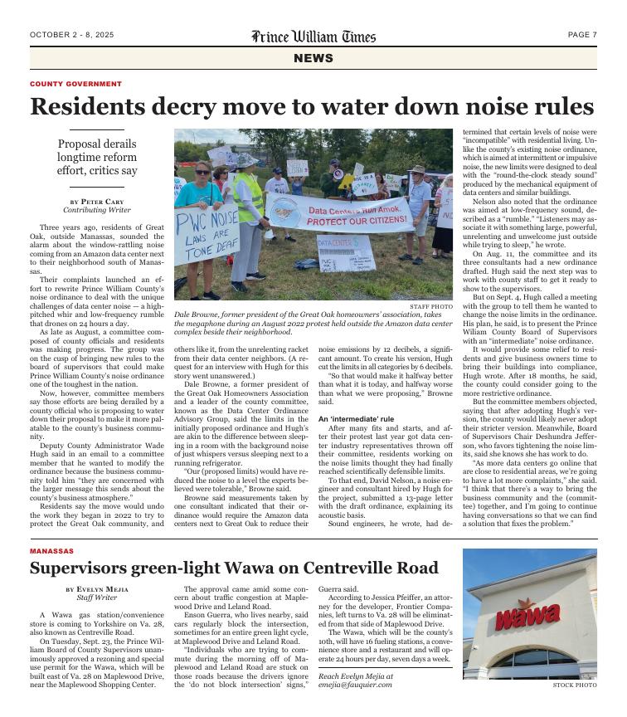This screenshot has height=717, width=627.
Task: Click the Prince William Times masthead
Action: click(313, 36)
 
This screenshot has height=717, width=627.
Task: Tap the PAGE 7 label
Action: click(582, 35)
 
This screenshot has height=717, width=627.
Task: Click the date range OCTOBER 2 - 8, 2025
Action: click(71, 35)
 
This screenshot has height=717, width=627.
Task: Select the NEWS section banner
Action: click(313, 59)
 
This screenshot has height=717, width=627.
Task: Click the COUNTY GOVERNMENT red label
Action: click(75, 84)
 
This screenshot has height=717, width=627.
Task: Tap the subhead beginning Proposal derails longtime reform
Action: click(97, 158)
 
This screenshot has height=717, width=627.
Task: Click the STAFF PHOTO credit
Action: click(430, 306)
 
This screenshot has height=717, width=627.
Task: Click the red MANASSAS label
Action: click(51, 551)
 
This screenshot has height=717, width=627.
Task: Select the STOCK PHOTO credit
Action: click(574, 685)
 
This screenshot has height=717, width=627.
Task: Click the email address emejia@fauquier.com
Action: click(356, 685)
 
